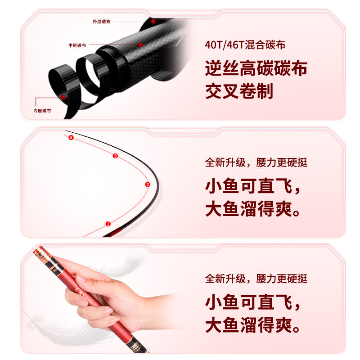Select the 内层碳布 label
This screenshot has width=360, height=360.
[42, 111]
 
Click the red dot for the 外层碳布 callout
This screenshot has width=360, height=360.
[153, 21]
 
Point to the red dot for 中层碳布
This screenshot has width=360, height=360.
[140, 45]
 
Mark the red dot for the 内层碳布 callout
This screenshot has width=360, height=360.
[63, 96]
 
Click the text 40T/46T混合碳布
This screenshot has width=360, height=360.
[245, 45]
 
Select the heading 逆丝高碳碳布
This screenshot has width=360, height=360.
[256, 69]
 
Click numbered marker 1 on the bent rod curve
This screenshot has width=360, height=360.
[108, 223]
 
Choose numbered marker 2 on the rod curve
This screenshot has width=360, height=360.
[147, 184]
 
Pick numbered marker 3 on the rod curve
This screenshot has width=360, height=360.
[115, 156]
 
